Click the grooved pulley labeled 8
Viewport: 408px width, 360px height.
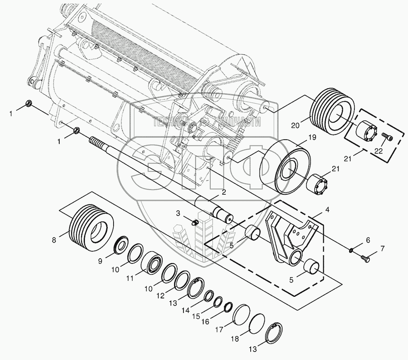point(91,227)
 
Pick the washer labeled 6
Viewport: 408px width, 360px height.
point(351,250)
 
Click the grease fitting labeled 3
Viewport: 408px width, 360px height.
point(195,222)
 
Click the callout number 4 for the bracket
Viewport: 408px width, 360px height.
point(328,210)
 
